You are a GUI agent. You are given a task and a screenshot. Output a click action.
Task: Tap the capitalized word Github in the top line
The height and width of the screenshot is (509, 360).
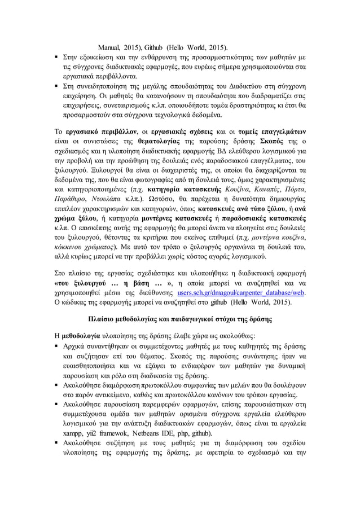click(154, 46)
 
